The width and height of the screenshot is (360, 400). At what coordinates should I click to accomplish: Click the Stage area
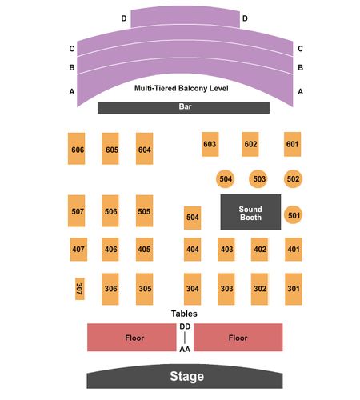pyautogui.click(x=185, y=376)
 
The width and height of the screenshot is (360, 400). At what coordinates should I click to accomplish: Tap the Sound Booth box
pyautogui.click(x=250, y=212)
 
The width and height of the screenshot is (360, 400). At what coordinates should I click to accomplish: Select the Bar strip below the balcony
pyautogui.click(x=183, y=108)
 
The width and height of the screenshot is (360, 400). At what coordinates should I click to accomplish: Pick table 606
pyautogui.click(x=77, y=149)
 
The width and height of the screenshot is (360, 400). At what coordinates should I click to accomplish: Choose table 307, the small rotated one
pyautogui.click(x=80, y=289)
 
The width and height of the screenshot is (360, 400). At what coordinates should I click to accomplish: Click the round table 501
pyautogui.click(x=293, y=214)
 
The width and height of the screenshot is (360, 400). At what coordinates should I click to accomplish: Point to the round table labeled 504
pyautogui.click(x=226, y=178)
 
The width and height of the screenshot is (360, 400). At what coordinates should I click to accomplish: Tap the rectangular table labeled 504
pyautogui.click(x=192, y=218)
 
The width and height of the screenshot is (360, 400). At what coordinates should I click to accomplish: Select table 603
pyautogui.click(x=210, y=144)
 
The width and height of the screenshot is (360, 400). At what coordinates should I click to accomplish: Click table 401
pyautogui.click(x=294, y=250)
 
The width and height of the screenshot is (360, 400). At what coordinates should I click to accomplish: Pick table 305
pyautogui.click(x=145, y=289)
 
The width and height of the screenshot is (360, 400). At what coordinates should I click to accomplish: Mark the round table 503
pyautogui.click(x=258, y=178)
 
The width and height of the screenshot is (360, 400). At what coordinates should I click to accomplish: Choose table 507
pyautogui.click(x=77, y=211)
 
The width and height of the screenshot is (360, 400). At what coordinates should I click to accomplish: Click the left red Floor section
pyautogui.click(x=132, y=338)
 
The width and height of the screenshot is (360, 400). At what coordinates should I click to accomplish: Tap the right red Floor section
pyautogui.click(x=238, y=338)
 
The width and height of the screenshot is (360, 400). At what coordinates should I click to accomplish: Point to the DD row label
pyautogui.click(x=185, y=326)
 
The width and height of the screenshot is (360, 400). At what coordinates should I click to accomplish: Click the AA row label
pyautogui.click(x=185, y=349)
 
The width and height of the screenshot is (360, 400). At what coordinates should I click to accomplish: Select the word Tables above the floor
pyautogui.click(x=184, y=314)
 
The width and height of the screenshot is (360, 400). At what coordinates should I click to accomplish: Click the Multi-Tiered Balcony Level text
pyautogui.click(x=182, y=88)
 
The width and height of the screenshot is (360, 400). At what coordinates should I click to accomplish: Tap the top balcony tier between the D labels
pyautogui.click(x=185, y=17)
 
